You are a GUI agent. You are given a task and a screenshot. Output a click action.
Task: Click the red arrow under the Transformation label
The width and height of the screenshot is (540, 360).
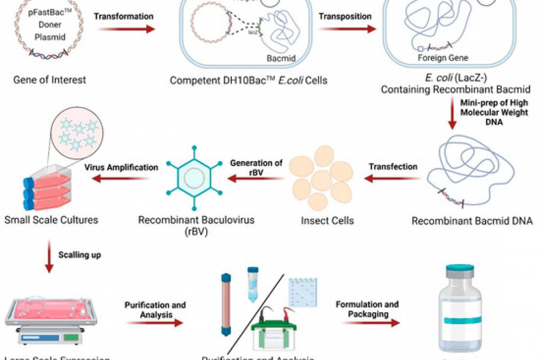pyautogui.click(x=126, y=29)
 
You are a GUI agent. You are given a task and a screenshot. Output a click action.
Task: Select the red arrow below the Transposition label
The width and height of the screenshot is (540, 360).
pyautogui.click(x=347, y=29)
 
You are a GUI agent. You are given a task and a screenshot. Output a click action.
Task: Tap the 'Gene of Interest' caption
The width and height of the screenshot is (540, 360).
pyautogui.click(x=49, y=80)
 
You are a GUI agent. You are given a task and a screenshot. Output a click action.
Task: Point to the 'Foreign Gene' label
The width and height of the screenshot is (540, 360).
pyautogui.click(x=443, y=58)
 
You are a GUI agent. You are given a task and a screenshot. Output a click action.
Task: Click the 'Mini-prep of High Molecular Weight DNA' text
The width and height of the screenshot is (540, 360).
pyautogui.click(x=494, y=112)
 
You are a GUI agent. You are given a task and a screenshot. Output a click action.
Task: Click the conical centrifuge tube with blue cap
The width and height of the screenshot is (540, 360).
pyautogui.click(x=252, y=283)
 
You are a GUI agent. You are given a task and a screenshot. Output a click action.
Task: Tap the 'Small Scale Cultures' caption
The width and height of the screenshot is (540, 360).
pyautogui.click(x=51, y=220)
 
